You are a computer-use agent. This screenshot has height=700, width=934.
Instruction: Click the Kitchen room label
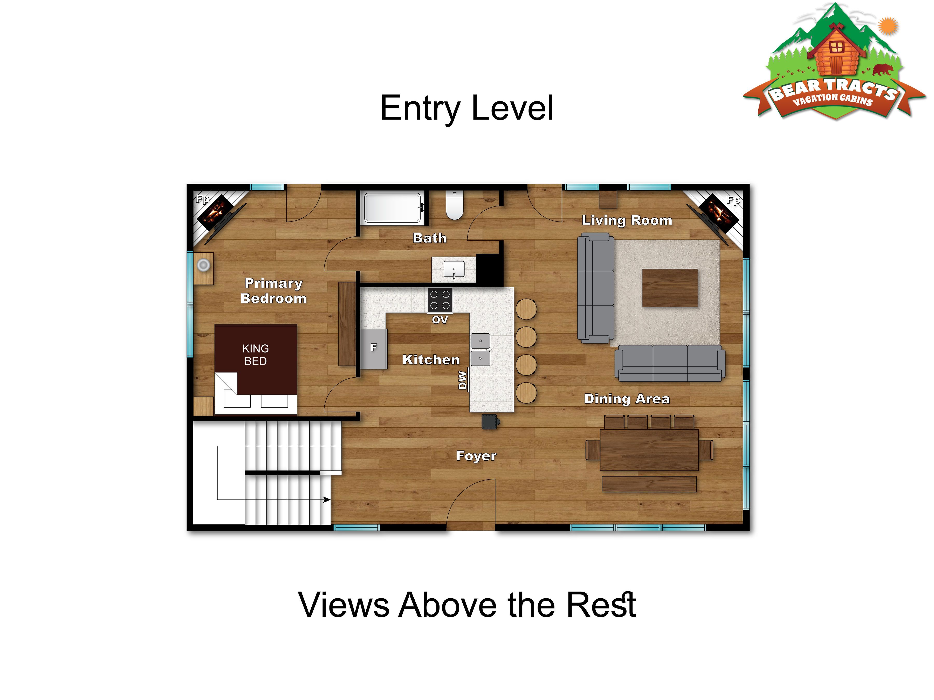[x=431, y=360]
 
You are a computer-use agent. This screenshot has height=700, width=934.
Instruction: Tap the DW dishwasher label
[x=463, y=380]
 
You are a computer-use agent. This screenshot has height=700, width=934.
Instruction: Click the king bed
[x=256, y=369]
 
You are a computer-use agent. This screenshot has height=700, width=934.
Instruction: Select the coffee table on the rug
[x=670, y=288]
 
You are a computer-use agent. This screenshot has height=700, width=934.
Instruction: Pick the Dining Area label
[x=627, y=399]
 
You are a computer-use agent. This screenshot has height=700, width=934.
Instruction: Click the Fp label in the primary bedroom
[x=203, y=199]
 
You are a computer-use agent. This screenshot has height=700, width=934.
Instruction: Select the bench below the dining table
[x=649, y=484]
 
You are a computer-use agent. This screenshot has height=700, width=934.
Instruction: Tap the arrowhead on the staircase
[x=327, y=500]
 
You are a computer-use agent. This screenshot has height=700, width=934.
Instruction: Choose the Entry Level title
[x=466, y=108]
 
